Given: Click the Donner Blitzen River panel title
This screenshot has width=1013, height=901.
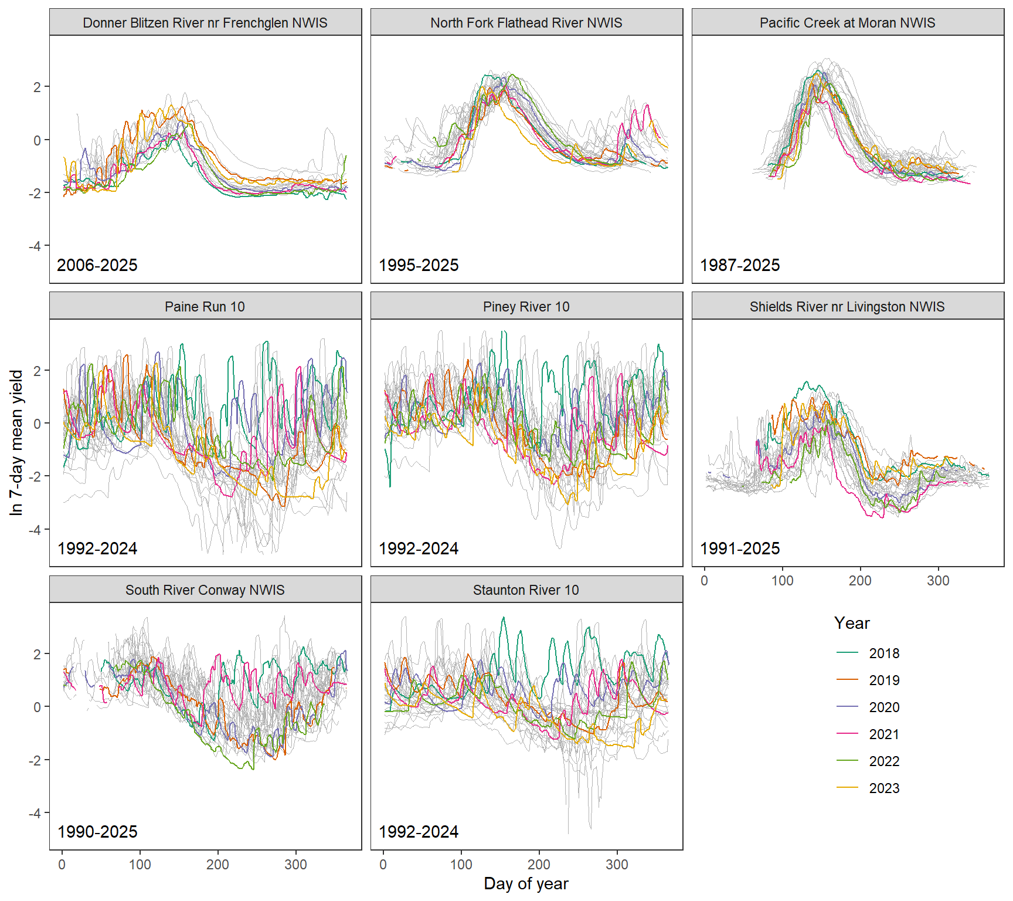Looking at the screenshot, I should coord(205,23).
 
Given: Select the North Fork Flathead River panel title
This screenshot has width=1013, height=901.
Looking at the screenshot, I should coord(526,23).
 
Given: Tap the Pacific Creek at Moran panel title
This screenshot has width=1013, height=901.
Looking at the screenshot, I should coord(847,23).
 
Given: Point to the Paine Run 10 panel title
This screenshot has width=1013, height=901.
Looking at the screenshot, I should coord(205,307).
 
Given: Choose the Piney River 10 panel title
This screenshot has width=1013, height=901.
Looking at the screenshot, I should coord(526,307).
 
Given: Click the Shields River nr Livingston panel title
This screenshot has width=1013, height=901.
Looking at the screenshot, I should coord(847,307).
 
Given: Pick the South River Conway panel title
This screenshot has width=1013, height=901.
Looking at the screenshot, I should coord(205,590).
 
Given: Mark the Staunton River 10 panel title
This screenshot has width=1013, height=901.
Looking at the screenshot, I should coord(526,590).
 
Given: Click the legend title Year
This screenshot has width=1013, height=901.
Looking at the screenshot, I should coord(852,623).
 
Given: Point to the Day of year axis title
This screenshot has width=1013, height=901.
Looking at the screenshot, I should coord(526,884).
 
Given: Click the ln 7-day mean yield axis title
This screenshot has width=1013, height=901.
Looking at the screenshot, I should coord(16,442).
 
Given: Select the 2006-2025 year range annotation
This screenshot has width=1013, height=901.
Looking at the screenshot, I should coord(97,265).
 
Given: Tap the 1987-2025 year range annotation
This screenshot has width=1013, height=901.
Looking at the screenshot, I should coord(740,265).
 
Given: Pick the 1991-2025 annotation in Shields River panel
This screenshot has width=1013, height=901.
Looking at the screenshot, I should coord(740,548).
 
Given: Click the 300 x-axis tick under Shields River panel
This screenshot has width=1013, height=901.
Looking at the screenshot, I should coord(938,581).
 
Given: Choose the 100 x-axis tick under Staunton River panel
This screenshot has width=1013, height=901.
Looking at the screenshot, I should coord(461,865).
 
